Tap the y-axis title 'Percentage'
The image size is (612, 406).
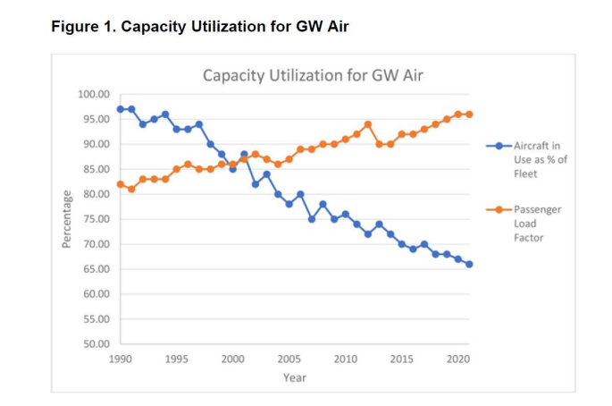66,219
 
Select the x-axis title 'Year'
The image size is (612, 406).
294,377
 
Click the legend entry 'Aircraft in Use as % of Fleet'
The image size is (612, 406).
538,159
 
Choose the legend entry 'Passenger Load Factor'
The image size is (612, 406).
538,223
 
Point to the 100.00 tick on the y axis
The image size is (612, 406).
94,94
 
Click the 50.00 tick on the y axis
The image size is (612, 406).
94,344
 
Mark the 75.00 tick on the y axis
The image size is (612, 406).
94,219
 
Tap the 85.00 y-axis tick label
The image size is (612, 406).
94,169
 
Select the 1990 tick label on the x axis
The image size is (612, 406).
121,359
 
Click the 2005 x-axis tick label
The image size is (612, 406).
289,359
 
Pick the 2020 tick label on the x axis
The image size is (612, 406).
457,359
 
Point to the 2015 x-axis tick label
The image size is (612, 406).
401,359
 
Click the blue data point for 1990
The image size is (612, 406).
121,109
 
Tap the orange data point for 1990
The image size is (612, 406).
121,184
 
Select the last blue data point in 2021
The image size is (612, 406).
469,264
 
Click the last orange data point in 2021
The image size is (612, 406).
469,114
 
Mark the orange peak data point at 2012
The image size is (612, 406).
368,124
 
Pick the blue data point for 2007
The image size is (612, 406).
312,219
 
